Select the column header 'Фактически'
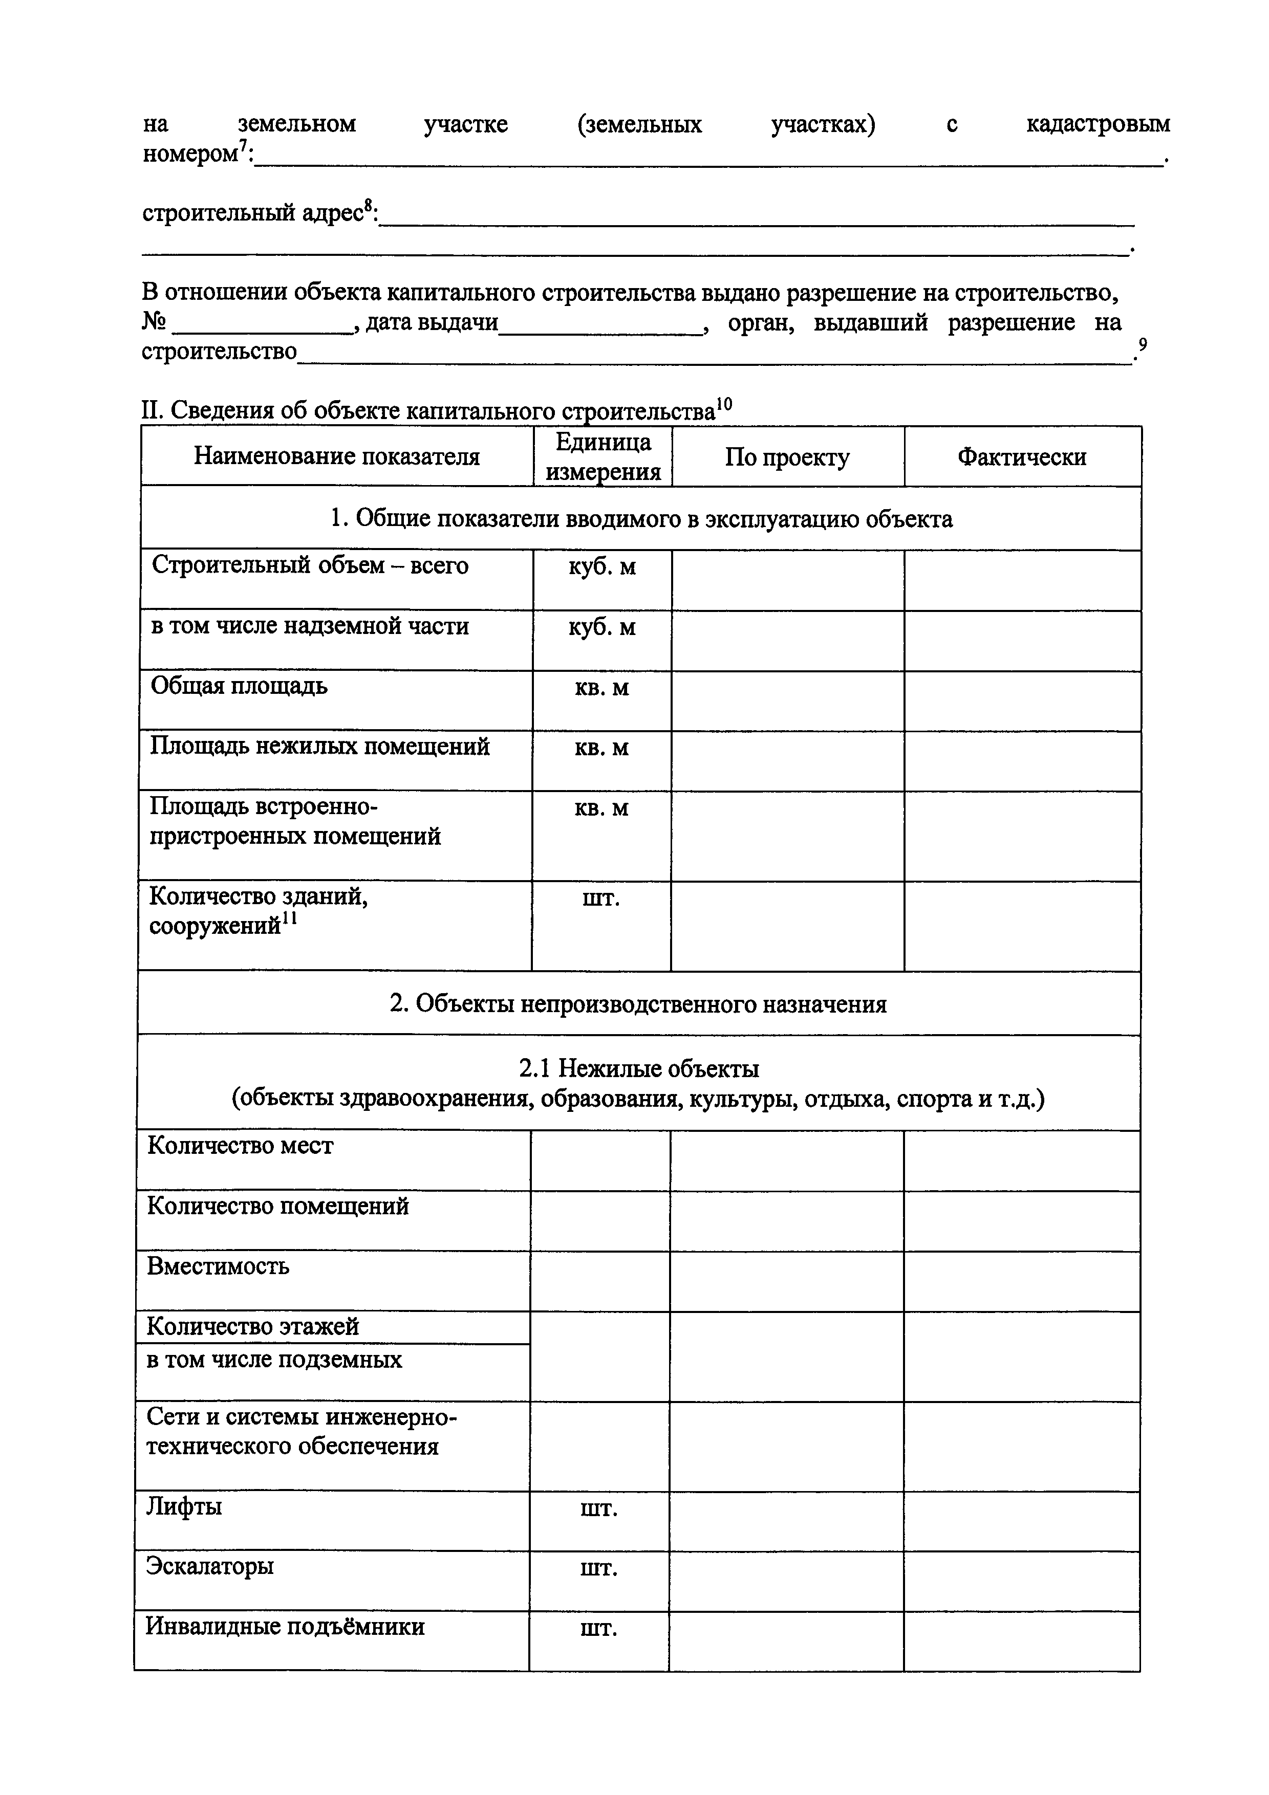(x=1021, y=456)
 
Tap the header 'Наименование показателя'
(x=336, y=456)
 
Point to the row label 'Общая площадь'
(x=239, y=686)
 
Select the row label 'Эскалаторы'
(x=209, y=1566)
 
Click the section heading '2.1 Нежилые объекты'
(x=639, y=1068)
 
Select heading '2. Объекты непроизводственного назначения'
(x=638, y=1004)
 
